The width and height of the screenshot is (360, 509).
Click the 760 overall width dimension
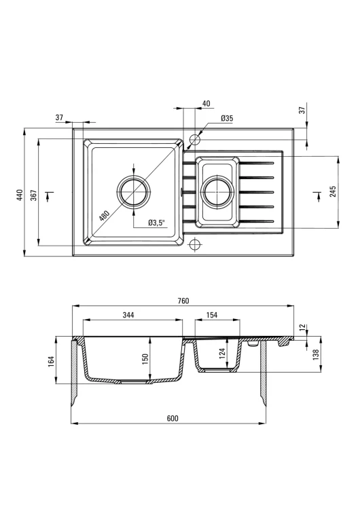point(183,301)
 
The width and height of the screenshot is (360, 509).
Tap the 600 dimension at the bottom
point(173,419)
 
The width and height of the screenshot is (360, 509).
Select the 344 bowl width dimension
point(128,315)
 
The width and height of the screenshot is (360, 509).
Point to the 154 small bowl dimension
point(211,315)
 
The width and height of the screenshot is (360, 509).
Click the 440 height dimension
point(20,195)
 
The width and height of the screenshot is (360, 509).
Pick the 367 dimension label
point(34,195)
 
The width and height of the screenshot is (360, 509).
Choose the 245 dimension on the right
point(332,192)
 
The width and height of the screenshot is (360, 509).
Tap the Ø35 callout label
point(227,118)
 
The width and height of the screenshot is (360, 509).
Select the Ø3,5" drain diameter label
point(157,223)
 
